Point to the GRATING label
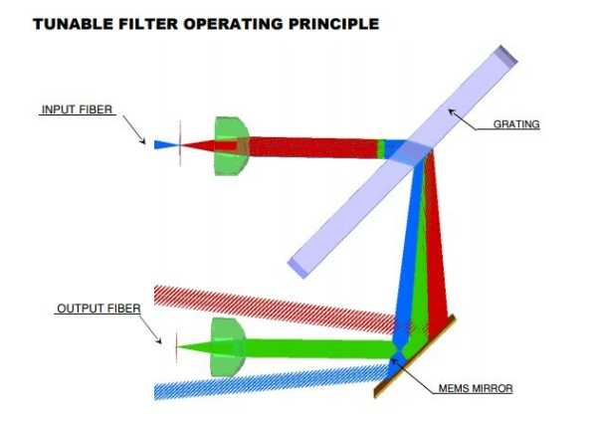click(x=516, y=125)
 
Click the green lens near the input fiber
click(x=230, y=146)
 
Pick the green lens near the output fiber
click(x=227, y=347)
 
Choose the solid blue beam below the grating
click(x=409, y=249)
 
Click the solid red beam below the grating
click(x=438, y=249)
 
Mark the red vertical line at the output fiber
click(x=177, y=347)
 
